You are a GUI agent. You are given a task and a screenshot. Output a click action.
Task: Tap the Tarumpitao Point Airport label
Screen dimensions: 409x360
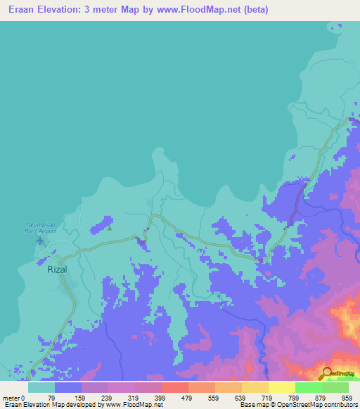[x=39, y=228]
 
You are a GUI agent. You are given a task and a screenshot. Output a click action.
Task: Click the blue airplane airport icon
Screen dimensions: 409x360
[x=39, y=240]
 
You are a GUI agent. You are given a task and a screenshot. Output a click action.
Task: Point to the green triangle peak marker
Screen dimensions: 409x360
[x=110, y=227]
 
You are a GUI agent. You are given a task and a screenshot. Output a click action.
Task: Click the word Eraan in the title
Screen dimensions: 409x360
[x=24, y=10]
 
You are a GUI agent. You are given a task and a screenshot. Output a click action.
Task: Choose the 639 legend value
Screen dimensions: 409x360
[x=249, y=397]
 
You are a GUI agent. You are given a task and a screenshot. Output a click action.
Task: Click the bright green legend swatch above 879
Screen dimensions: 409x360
[x=308, y=387]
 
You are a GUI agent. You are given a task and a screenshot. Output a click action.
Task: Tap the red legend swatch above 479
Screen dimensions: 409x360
[x=174, y=387]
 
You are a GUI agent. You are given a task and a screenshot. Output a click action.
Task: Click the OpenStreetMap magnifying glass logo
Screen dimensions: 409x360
[x=327, y=373]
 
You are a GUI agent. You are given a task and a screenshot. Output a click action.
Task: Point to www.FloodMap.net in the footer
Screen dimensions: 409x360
[x=138, y=405]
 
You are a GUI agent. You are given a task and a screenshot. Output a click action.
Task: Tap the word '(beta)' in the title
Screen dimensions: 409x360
[x=254, y=10]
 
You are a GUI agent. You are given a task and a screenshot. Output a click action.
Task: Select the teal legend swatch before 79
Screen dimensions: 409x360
[x=41, y=387]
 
